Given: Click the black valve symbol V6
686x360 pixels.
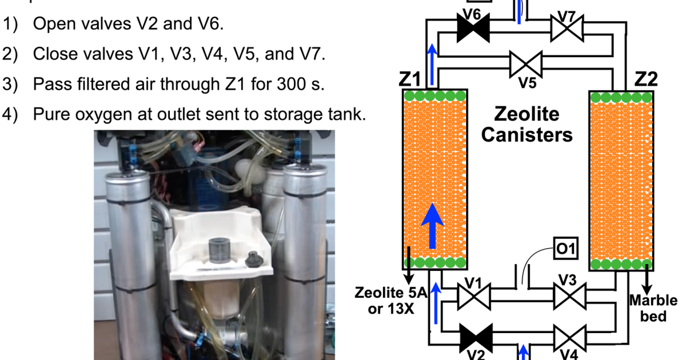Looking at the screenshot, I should click(x=474, y=27).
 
